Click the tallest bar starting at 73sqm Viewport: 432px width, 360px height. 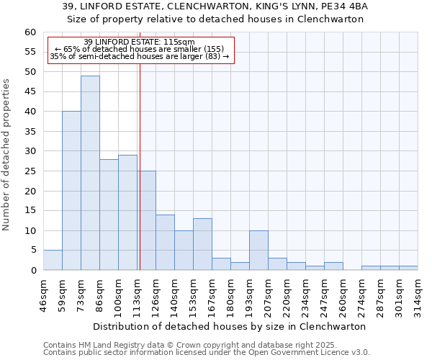click(x=90, y=173)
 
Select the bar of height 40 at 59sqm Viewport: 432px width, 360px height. click(x=71, y=191)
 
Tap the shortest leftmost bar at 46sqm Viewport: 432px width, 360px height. click(x=53, y=260)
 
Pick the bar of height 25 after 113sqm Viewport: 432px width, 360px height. click(x=147, y=220)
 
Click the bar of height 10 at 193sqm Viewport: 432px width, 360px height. click(x=258, y=251)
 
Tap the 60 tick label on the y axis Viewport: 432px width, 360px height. click(x=30, y=32)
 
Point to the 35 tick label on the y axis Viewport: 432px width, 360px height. click(x=30, y=132)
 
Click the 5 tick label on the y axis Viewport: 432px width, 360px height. click(x=33, y=251)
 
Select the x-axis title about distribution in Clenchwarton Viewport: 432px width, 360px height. click(x=230, y=326)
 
